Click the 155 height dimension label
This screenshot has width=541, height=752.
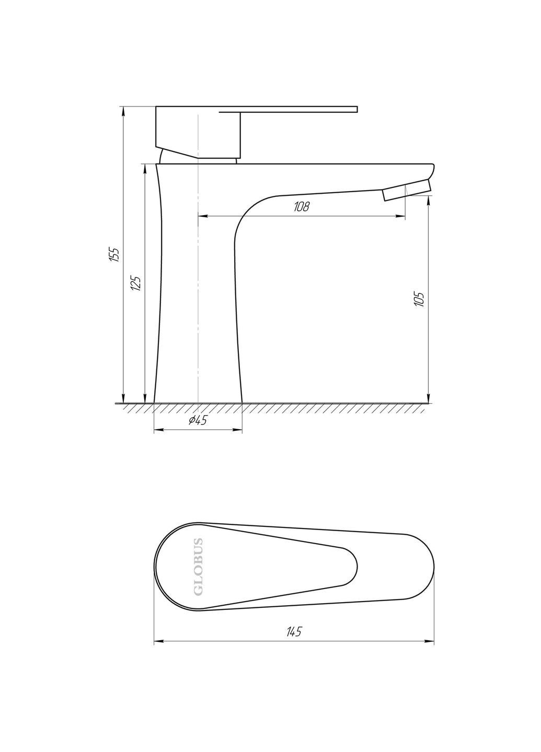click(x=114, y=254)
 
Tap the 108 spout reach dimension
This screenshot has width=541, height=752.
click(x=302, y=206)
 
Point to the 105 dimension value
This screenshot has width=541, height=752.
click(x=419, y=299)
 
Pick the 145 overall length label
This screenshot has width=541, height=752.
click(x=294, y=632)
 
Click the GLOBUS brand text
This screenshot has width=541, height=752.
click(x=199, y=566)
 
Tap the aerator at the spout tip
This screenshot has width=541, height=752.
click(x=407, y=191)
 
